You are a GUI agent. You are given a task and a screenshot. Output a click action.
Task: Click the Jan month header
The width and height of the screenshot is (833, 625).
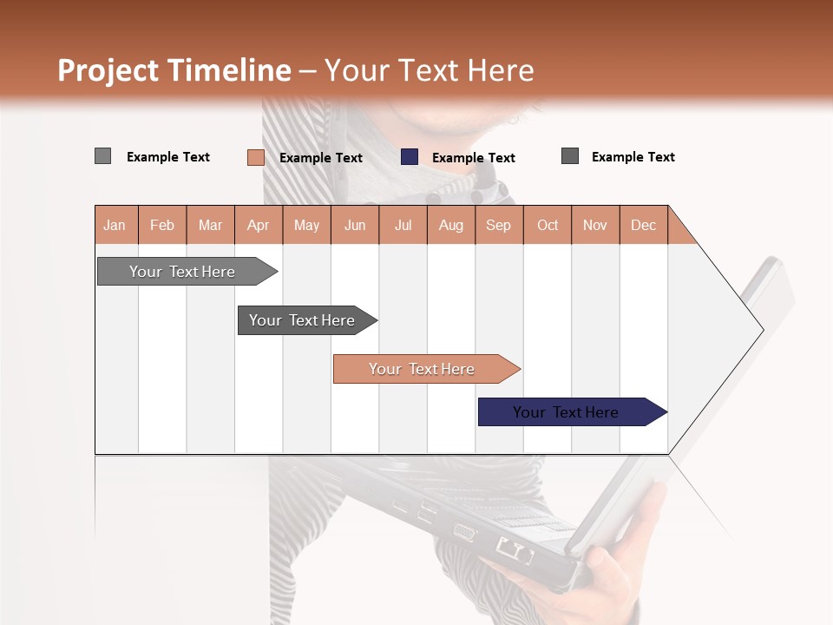pos(115,225)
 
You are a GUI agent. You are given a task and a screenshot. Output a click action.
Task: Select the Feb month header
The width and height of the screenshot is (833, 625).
pos(162,225)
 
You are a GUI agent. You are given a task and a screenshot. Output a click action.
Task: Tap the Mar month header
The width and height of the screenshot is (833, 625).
pos(210,225)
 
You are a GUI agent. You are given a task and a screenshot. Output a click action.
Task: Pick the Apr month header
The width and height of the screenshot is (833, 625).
pos(258,225)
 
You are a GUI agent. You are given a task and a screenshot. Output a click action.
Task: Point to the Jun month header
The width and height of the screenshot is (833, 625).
pos(355,225)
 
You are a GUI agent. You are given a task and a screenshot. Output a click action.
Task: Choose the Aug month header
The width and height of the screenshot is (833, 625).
pos(450,225)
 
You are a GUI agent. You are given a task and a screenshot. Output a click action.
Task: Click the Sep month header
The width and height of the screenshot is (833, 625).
pos(498,225)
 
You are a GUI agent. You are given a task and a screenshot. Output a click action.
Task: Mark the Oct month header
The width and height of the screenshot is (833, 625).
pos(548,225)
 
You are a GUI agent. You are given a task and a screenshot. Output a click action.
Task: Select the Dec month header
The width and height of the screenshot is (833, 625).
pos(643,225)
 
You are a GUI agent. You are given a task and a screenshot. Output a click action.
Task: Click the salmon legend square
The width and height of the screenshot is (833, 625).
pos(255,157)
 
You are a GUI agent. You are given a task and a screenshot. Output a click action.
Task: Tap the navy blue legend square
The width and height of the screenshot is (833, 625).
pos(410,157)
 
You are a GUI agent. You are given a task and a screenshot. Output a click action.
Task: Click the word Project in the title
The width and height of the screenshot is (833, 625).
pos(108,70)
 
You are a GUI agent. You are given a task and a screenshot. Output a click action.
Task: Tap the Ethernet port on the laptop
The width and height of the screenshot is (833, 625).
pos(514,549)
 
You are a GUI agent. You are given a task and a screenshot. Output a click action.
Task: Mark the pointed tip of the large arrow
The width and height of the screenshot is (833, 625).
pos(762,330)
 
